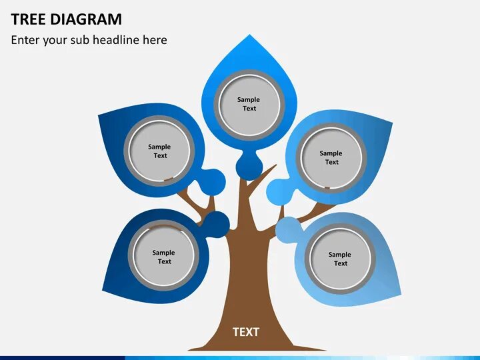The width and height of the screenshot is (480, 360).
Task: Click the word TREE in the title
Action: pyautogui.click(x=28, y=19)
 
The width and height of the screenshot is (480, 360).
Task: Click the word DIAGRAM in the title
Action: pyautogui.click(x=86, y=19)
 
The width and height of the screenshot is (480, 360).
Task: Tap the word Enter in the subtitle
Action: pyautogui.click(x=25, y=40)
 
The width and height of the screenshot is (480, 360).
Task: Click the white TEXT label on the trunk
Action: pyautogui.click(x=245, y=331)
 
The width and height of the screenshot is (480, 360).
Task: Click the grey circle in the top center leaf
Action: pyautogui.click(x=249, y=104)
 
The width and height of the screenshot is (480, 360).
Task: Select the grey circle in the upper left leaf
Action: pyautogui.click(x=160, y=151)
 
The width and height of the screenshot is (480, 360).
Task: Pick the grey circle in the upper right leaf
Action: pyautogui.click(x=331, y=157)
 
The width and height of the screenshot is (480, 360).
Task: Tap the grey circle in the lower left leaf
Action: pyautogui.click(x=164, y=257)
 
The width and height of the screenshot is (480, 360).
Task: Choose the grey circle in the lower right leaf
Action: pyautogui.click(x=340, y=258)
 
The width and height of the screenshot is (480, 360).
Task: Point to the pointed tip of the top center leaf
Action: pyautogui.click(x=249, y=36)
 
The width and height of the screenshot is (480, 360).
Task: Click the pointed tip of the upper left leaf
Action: pyautogui.click(x=99, y=116)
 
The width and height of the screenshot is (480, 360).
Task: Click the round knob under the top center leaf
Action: pyautogui.click(x=248, y=165)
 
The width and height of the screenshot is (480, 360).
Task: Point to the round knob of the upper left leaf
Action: pyautogui.click(x=213, y=181)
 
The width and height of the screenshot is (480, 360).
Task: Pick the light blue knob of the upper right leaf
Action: pyautogui.click(x=279, y=192)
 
